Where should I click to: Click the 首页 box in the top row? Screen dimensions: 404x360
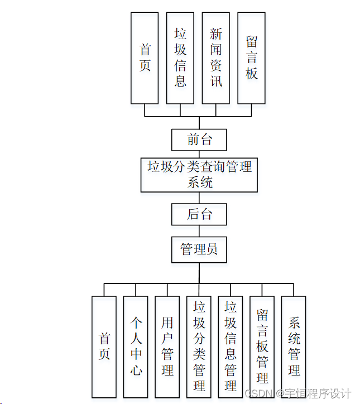(145, 58)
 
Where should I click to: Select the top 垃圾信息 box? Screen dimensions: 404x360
(180, 58)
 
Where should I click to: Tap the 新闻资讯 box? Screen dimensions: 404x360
(216, 58)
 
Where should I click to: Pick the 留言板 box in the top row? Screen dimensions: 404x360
(251, 58)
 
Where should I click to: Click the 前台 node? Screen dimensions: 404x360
(199, 140)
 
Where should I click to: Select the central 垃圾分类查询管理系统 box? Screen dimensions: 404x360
(199, 175)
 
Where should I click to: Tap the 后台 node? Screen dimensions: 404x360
(199, 214)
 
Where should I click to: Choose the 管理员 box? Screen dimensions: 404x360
(199, 249)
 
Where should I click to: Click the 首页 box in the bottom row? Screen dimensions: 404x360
(104, 347)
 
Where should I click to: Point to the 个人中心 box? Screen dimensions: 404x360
(136, 347)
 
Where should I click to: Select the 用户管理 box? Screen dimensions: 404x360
(167, 347)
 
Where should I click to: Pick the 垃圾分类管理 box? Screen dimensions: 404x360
(199, 347)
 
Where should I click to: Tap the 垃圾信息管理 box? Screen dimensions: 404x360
(231, 347)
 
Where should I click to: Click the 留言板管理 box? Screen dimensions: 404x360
(262, 347)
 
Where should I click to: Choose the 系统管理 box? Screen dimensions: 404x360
(294, 347)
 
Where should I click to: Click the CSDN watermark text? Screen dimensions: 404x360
(259, 393)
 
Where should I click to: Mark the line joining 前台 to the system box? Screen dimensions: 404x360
(199, 154)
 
